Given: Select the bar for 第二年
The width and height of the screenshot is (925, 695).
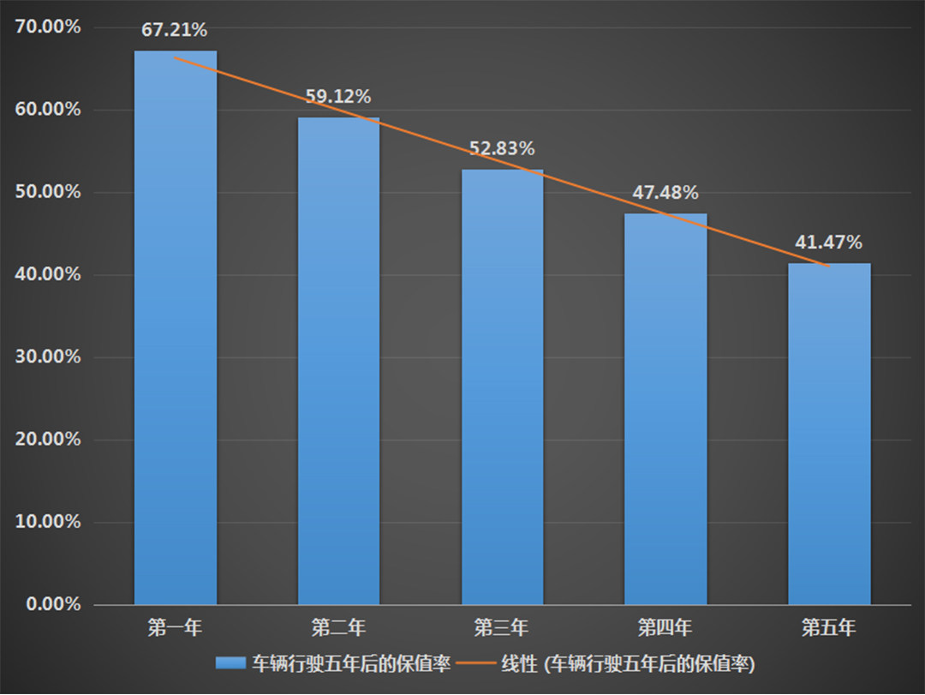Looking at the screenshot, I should coord(338,361).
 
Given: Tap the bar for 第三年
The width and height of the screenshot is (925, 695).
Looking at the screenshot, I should coord(502,386).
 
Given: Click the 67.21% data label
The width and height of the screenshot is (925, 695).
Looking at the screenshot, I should coord(175,31).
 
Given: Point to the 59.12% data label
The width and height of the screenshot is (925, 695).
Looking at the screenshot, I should coord(338,97).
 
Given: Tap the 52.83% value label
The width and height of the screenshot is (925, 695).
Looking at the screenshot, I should coord(502,148).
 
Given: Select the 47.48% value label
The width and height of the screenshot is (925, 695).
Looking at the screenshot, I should coord(665,193).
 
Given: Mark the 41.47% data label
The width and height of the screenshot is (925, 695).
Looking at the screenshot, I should coord(829,243).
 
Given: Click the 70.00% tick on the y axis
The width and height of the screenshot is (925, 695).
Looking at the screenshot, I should coord(48,27).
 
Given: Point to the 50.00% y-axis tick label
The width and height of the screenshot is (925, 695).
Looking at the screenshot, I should coord(48,193).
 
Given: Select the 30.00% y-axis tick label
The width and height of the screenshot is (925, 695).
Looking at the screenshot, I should coord(48,357).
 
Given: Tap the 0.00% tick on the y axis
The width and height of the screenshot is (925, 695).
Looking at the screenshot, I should coord(52,605).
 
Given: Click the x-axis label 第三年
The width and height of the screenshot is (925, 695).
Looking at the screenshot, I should coord(502,628).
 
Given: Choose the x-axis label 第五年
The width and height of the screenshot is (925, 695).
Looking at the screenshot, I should coord(829,628).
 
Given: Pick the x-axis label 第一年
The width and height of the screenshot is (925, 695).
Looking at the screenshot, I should coord(175,628).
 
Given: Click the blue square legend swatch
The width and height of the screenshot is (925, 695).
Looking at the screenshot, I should coord(230,663).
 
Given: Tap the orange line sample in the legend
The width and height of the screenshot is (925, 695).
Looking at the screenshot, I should coord(476,664).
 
